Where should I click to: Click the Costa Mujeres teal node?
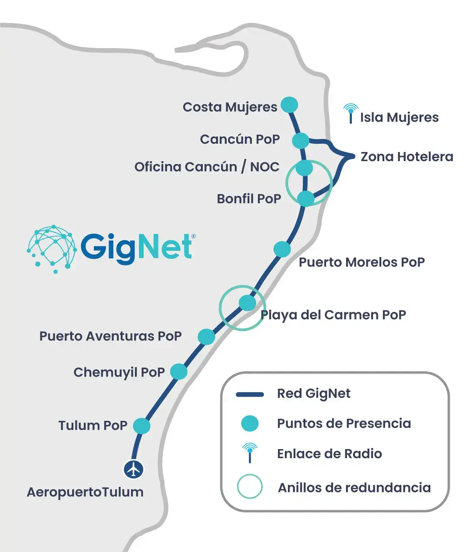coord(289,105)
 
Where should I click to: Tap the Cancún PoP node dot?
coord(301,140)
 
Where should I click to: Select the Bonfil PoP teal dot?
coord(306,198)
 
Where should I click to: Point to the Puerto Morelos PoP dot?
coord(282,249)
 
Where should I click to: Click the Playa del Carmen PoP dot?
coord(248,303)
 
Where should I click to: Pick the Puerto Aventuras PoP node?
coord(206,337)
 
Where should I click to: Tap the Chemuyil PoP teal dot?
coord(178,371)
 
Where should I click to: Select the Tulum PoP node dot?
coord(142,426)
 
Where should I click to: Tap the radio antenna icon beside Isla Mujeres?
coord(351,114)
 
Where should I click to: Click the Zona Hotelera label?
coord(407,157)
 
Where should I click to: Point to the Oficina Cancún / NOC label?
coord(207,167)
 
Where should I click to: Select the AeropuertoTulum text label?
coord(85,492)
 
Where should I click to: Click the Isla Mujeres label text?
coord(399,118)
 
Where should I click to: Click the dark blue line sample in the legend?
coord(250,395)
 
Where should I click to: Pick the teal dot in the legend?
coord(250,423)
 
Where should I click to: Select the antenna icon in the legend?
coord(250,453)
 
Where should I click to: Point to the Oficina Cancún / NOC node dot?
coord(304,168)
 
